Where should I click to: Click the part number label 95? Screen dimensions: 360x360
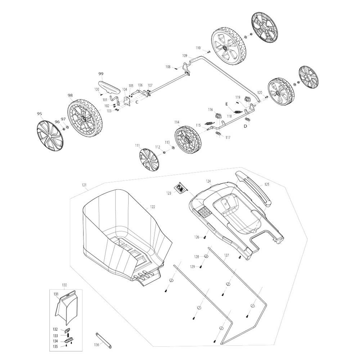tap(39, 114)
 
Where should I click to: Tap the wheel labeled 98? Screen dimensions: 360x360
tap(85, 118)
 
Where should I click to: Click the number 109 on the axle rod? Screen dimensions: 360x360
tap(185, 55)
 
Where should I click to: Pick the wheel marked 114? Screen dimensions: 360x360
tap(187, 139)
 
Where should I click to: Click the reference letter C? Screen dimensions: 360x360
tap(137, 102)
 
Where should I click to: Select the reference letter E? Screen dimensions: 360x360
tap(226, 104)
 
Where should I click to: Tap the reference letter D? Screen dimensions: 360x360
tap(246, 126)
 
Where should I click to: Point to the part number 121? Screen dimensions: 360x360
tap(84, 185)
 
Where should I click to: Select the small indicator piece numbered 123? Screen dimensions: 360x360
tap(181, 188)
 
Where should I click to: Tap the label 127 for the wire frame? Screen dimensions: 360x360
tap(226, 255)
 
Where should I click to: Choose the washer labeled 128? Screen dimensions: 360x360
tap(206, 256)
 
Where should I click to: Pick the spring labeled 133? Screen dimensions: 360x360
tap(68, 336)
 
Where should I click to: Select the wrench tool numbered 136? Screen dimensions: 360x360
tap(103, 341)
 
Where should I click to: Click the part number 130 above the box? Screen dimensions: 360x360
tap(64, 285)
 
